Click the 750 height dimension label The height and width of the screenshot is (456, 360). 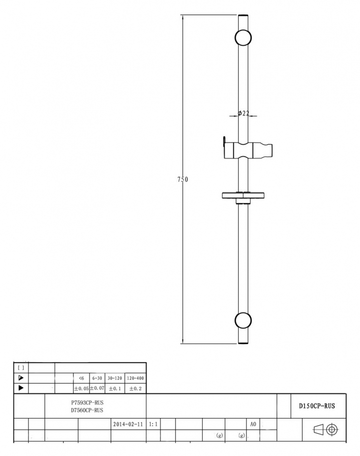pos(183,179)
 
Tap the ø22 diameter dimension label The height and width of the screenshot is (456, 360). pos(243,113)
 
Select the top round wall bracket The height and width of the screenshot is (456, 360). pos(243,37)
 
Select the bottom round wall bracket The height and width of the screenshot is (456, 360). pos(243,320)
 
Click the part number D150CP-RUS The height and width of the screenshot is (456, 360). pos(317,406)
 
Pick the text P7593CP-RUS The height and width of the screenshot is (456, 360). pos(87,403)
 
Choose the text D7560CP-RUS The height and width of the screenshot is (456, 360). pos(87,410)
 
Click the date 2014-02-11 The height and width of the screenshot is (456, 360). pos(128,424)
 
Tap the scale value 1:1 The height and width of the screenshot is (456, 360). pos(153,424)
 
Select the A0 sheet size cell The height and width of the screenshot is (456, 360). pos(253,424)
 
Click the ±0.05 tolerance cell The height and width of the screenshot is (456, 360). pos(81,389)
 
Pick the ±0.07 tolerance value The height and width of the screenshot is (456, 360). pos(97,388)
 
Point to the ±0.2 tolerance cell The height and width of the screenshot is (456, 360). pos(135,389)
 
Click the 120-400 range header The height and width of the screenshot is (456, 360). pos(135,378)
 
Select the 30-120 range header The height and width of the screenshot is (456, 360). pos(115,378)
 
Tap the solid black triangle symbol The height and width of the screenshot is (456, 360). pos(21,388)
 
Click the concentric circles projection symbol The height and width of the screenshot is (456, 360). pos(332,430)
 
